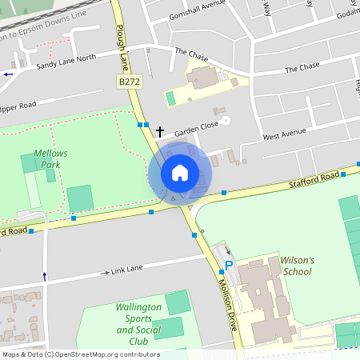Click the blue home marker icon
tap(180, 173)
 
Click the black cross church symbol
tap(159, 131)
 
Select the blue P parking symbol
tap(229, 266)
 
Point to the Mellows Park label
tap(50, 158)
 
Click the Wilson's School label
tap(297, 266)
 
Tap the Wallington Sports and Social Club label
tap(138, 324)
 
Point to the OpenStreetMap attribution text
tap(80, 354)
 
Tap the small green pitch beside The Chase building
tap(170, 98)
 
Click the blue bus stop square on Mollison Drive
tap(194, 235)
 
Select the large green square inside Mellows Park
tap(80, 198)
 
